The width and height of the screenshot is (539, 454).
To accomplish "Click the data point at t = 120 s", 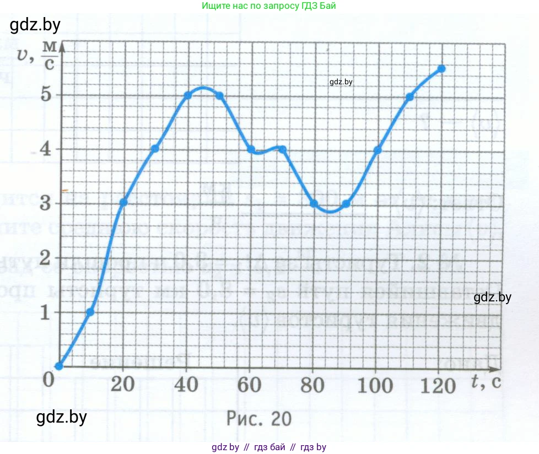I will click(441, 69).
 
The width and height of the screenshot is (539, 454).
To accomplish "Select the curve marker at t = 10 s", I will click(90, 312).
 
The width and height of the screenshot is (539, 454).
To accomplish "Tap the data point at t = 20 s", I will click(123, 202).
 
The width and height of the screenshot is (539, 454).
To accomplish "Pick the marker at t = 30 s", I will click(155, 149).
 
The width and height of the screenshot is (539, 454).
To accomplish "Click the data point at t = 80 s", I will click(314, 203).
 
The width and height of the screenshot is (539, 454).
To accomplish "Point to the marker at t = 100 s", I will click(378, 150).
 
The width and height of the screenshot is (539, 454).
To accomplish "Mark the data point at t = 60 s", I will click(251, 149).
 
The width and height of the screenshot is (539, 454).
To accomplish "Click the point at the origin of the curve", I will click(59, 366).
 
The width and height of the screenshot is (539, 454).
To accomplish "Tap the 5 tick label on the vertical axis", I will click(47, 95).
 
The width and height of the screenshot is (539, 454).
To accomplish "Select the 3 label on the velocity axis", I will click(47, 203).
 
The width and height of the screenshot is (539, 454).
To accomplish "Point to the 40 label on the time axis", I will click(187, 385).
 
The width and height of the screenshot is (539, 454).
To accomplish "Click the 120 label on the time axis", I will click(439, 385).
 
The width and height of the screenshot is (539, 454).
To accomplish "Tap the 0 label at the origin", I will click(48, 379).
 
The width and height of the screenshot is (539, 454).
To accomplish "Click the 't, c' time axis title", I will click(486, 380).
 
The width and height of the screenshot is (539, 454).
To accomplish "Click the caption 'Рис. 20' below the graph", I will click(258, 419).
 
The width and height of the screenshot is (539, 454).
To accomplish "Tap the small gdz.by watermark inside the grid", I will click(341, 82).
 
